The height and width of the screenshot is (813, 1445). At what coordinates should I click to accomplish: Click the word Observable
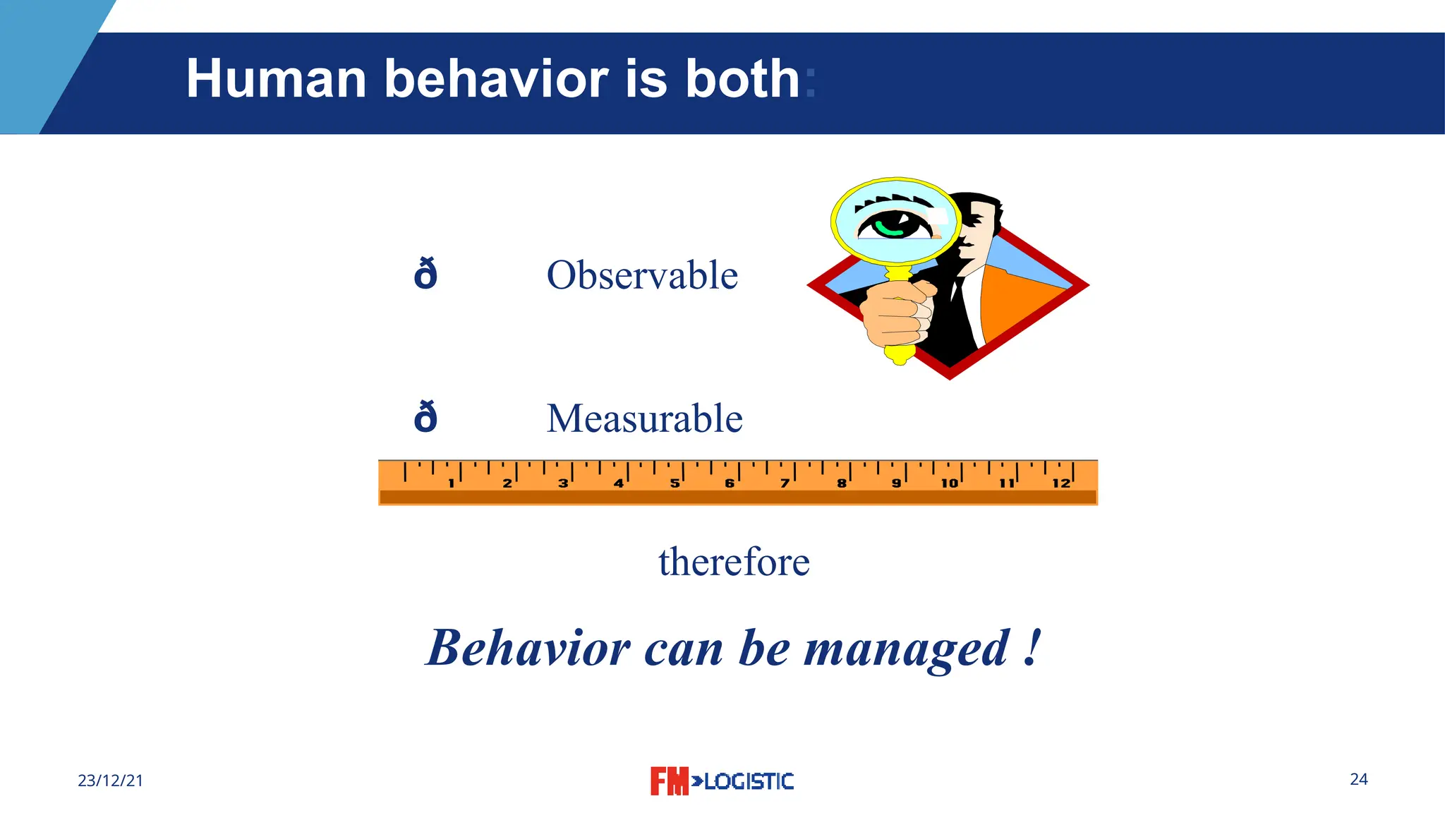pos(642,275)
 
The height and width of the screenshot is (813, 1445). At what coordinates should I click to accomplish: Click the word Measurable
pos(644,418)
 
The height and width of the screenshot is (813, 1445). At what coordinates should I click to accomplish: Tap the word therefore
pos(734,562)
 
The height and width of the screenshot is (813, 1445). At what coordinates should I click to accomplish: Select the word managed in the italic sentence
pos(907,649)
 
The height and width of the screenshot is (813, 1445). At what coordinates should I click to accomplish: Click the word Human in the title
pos(276,78)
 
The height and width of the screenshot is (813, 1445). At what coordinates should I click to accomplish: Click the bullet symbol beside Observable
pos(425,275)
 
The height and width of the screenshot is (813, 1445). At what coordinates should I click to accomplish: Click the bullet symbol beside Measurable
pos(425,418)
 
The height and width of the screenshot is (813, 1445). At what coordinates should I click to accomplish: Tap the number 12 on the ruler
pos(1060,483)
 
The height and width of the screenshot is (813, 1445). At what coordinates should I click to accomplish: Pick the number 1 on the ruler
pos(452,483)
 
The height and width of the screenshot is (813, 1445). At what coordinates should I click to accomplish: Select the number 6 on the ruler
pos(730,483)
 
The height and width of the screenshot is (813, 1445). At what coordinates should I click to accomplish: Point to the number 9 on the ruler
pos(896,483)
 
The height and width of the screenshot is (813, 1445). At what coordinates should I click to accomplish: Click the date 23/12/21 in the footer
pos(110,781)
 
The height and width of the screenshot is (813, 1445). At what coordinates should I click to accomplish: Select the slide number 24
pos(1358,779)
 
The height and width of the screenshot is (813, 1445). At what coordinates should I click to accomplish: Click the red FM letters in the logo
pos(668,781)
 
